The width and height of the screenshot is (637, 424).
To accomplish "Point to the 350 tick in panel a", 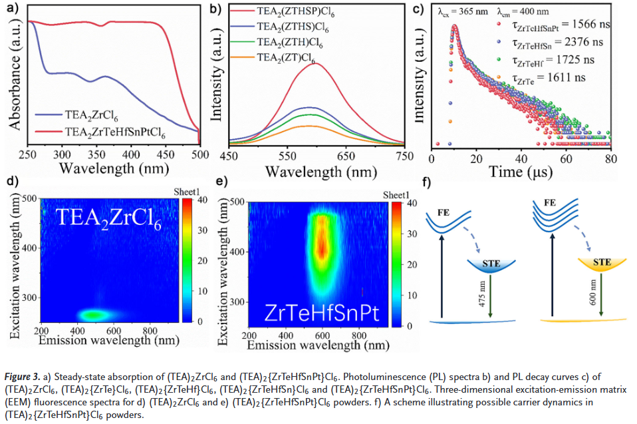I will [98, 153].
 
